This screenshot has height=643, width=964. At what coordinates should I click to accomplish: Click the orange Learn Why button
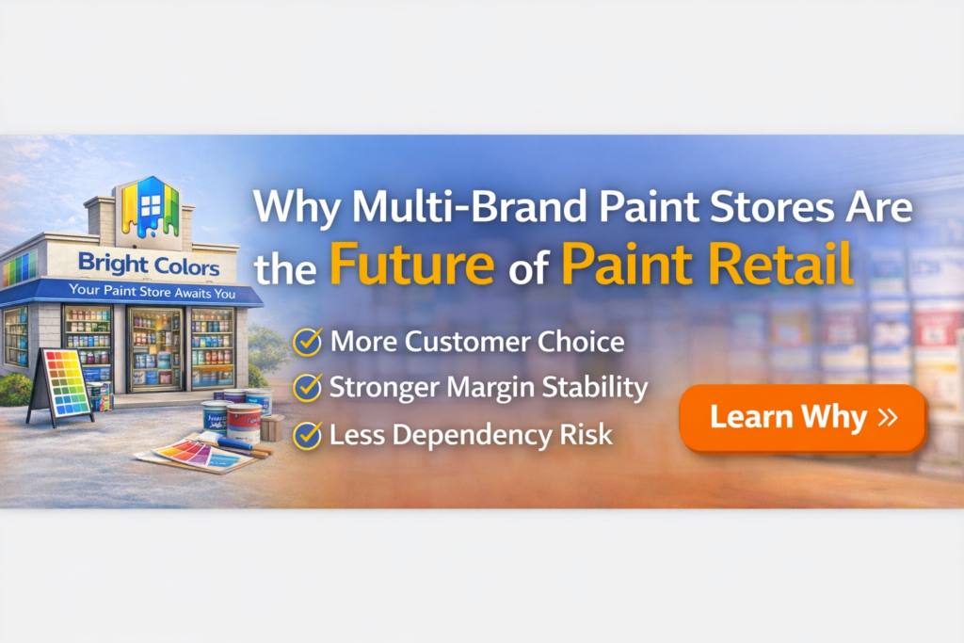(802, 417)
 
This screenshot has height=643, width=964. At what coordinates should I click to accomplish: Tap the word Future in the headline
(411, 265)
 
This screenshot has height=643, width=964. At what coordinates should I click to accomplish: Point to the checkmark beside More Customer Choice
(307, 341)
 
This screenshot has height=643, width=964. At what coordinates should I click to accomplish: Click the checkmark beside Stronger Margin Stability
(307, 387)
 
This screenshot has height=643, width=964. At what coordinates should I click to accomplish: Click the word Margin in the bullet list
(493, 387)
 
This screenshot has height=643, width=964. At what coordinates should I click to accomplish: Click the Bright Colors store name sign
(149, 265)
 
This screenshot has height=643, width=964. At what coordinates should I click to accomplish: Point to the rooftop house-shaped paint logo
(146, 206)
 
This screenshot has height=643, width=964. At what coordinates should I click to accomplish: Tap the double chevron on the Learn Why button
(886, 417)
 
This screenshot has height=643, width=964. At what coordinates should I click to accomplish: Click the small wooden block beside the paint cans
(270, 427)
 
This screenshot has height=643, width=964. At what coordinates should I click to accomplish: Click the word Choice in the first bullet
(579, 341)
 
